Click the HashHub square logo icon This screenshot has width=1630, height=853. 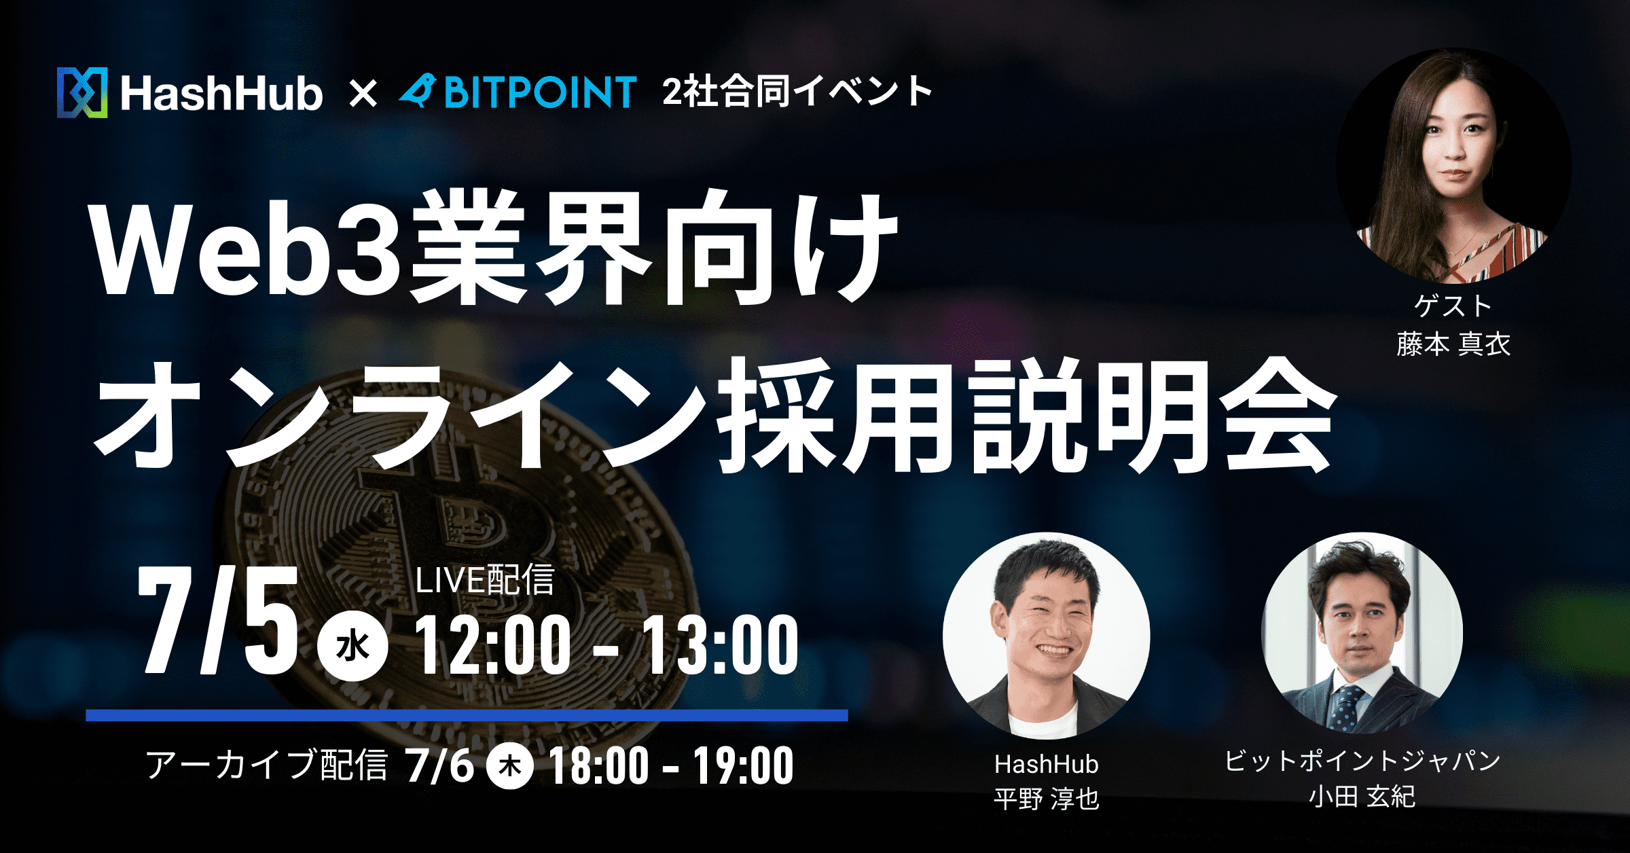pyautogui.click(x=82, y=92)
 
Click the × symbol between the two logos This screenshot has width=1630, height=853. pyautogui.click(x=363, y=94)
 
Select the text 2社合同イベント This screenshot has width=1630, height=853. pyautogui.click(x=797, y=92)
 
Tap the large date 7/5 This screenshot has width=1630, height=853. pyautogui.click(x=217, y=619)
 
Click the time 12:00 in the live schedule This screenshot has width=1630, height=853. pyautogui.click(x=493, y=645)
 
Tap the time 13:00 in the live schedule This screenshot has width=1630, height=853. pyautogui.click(x=720, y=645)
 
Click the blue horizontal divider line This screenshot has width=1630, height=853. pyautogui.click(x=467, y=715)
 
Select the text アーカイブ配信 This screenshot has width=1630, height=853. pyautogui.click(x=266, y=765)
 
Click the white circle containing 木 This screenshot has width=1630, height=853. pyautogui.click(x=510, y=766)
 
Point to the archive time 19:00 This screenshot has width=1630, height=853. pyautogui.click(x=743, y=766)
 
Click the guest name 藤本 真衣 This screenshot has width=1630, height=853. pyautogui.click(x=1453, y=344)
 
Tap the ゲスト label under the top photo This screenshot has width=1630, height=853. pyautogui.click(x=1453, y=306)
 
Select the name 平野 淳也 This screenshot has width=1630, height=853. pyautogui.click(x=1046, y=799)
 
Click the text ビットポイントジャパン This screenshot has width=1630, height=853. pyautogui.click(x=1362, y=761)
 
